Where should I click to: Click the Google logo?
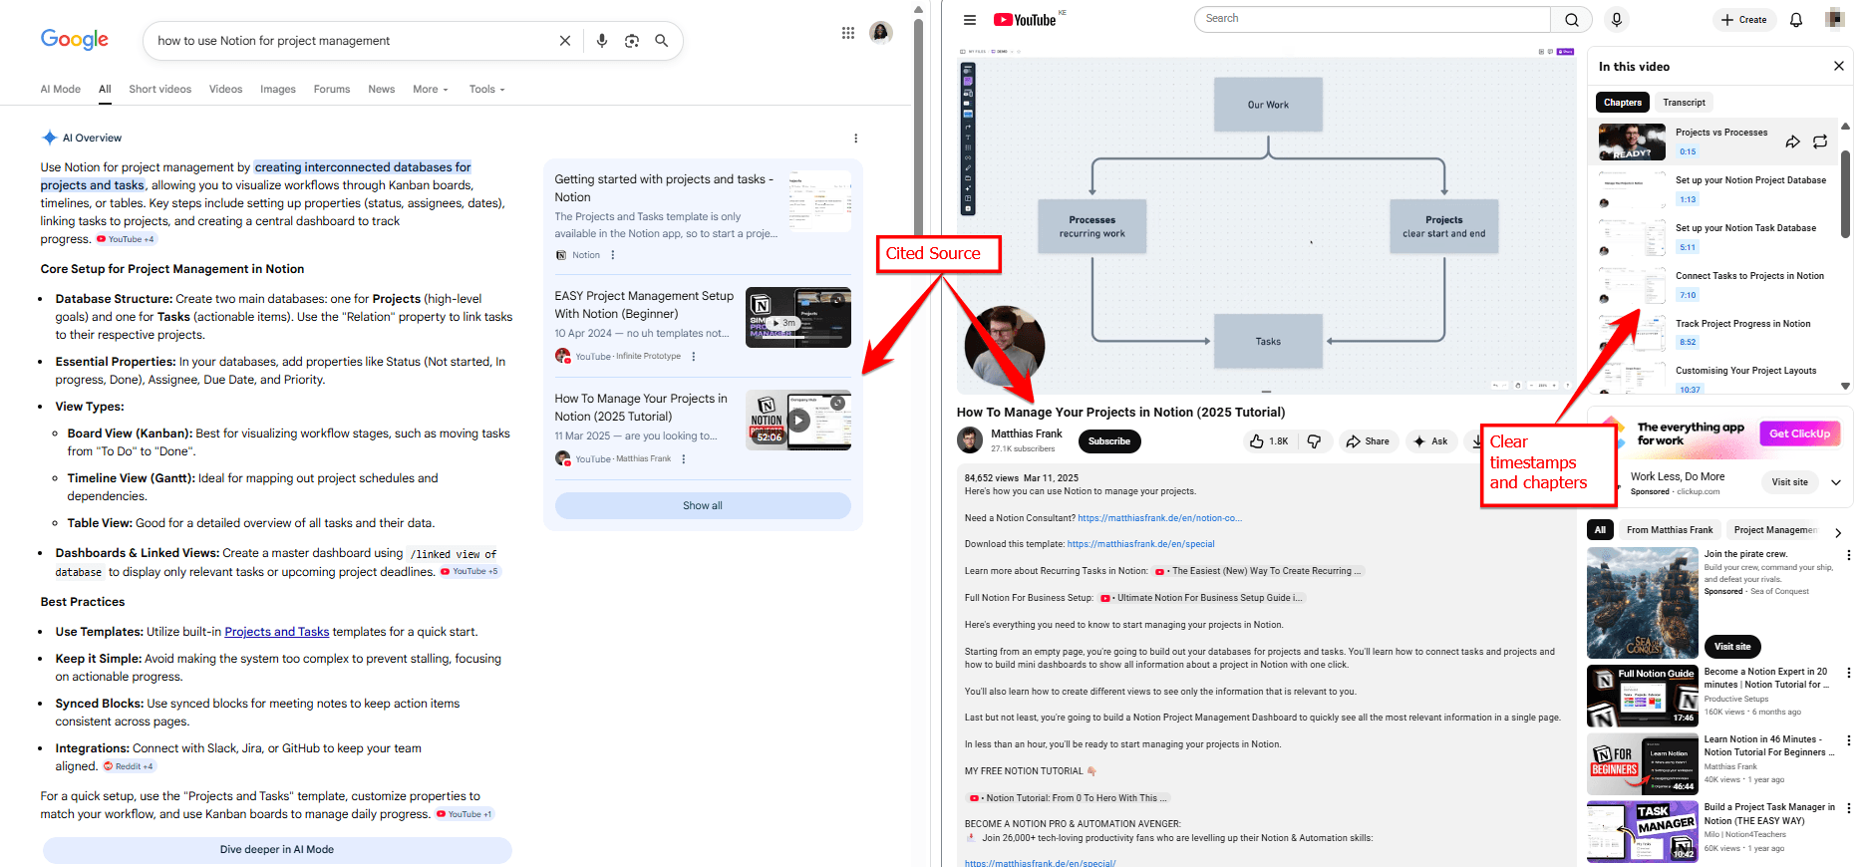(x=75, y=40)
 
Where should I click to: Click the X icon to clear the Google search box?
(x=565, y=41)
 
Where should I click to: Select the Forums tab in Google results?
(x=331, y=90)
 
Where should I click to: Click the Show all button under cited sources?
(x=702, y=506)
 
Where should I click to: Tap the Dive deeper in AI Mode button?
(x=277, y=850)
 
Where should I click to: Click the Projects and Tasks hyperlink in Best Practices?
(x=276, y=632)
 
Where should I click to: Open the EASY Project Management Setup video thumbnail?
(x=797, y=317)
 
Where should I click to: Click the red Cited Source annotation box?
(x=937, y=254)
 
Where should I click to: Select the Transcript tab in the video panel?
(x=1684, y=103)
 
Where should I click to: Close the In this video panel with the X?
(x=1838, y=67)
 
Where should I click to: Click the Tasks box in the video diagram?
(x=1268, y=342)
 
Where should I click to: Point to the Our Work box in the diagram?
(x=1268, y=105)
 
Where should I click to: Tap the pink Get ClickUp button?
(x=1799, y=433)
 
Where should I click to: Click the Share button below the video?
(x=1368, y=441)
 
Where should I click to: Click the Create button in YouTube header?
(x=1744, y=20)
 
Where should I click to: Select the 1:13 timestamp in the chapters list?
(x=1688, y=200)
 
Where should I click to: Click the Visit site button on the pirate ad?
(x=1732, y=647)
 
